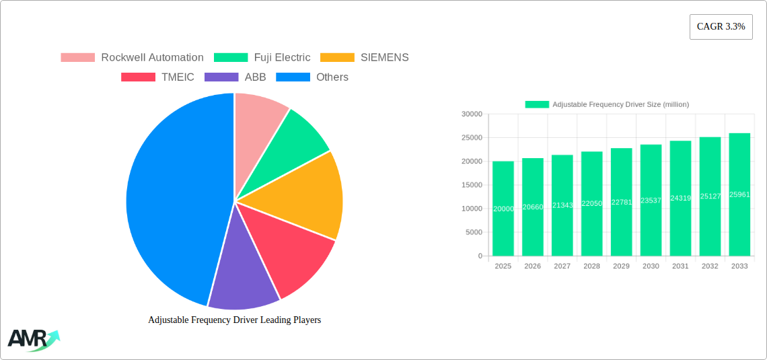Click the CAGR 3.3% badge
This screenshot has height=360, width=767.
click(721, 27)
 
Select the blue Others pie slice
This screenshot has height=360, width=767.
click(172, 202)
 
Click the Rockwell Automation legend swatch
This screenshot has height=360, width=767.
click(77, 58)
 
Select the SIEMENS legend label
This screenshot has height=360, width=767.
click(384, 58)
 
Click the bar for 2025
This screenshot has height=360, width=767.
click(503, 209)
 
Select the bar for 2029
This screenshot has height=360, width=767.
click(621, 202)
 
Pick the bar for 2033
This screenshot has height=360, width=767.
click(739, 195)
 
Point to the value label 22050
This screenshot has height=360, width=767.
click(591, 203)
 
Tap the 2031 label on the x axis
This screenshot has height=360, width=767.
click(680, 266)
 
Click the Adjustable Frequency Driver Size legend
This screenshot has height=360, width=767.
click(607, 104)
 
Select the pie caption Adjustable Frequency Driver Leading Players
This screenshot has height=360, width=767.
click(234, 320)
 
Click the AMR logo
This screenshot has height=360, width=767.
click(32, 339)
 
